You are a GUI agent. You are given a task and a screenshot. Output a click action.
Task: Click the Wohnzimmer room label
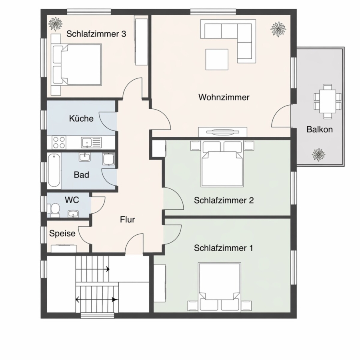coord(224,97)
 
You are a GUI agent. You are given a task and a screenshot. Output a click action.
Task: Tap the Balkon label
coord(319,130)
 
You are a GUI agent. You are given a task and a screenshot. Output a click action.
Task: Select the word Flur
coord(128,220)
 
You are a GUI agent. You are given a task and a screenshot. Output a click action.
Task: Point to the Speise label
coord(62,234)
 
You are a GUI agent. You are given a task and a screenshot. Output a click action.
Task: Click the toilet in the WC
coord(55,209)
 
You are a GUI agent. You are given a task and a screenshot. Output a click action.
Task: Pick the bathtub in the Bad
coord(54,170)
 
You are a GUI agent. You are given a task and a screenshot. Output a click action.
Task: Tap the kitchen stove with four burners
coord(59,142)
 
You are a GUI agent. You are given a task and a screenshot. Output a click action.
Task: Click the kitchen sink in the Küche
coord(91,142)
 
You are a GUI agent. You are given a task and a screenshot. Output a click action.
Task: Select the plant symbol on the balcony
coord(318,154)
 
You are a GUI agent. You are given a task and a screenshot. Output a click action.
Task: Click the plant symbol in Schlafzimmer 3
coord(55,24)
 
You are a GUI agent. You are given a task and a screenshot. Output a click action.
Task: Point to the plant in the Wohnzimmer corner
coord(278,29)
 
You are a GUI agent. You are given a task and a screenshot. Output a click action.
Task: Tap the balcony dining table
coord(328,102)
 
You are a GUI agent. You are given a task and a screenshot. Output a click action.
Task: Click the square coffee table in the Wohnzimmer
coord(217,59)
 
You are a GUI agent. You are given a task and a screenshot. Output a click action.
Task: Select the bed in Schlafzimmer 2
coord(222,164)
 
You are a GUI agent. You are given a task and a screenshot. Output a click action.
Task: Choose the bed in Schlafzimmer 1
coord(220,287)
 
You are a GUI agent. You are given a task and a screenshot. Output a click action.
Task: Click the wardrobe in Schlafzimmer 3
coord(141,42)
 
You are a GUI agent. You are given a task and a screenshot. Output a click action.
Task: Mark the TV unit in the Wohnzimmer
coord(223,132)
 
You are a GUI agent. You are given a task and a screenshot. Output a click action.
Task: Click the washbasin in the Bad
coord(85,157)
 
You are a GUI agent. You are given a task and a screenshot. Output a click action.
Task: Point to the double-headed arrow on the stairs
coord(97,300)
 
